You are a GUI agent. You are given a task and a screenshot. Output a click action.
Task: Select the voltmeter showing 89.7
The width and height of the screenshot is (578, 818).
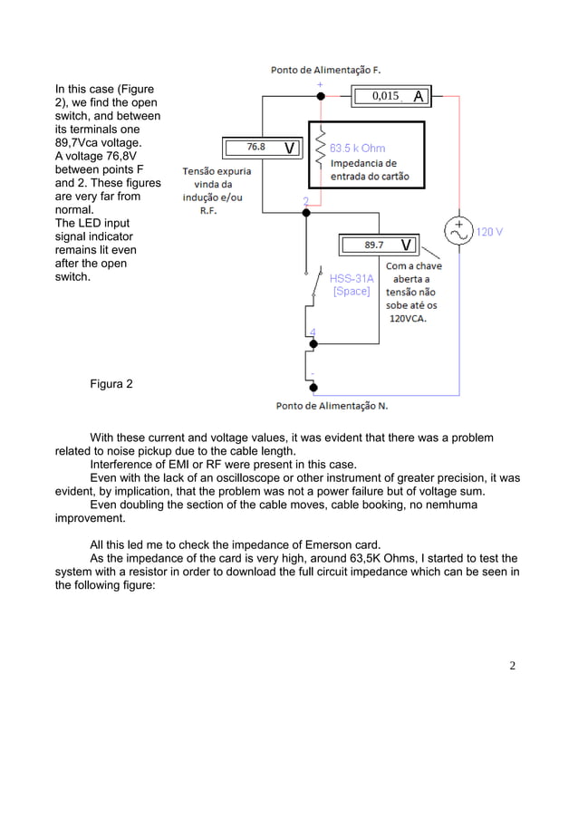(x=379, y=245)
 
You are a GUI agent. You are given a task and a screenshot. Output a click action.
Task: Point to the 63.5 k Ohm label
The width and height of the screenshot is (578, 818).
(x=357, y=148)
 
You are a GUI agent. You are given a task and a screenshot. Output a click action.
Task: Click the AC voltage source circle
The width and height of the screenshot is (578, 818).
(x=459, y=231)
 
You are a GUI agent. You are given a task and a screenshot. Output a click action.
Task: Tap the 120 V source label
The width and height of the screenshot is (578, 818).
(x=490, y=232)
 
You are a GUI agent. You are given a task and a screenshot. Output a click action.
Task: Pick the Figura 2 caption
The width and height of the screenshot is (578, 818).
(x=111, y=384)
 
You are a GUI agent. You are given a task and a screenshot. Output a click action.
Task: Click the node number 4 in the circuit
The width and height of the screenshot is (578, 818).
(x=313, y=332)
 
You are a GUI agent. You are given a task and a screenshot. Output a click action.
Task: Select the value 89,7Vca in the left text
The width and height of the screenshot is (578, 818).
(x=79, y=143)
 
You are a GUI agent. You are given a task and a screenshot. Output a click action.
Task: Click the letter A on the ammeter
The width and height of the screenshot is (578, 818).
(x=418, y=96)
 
